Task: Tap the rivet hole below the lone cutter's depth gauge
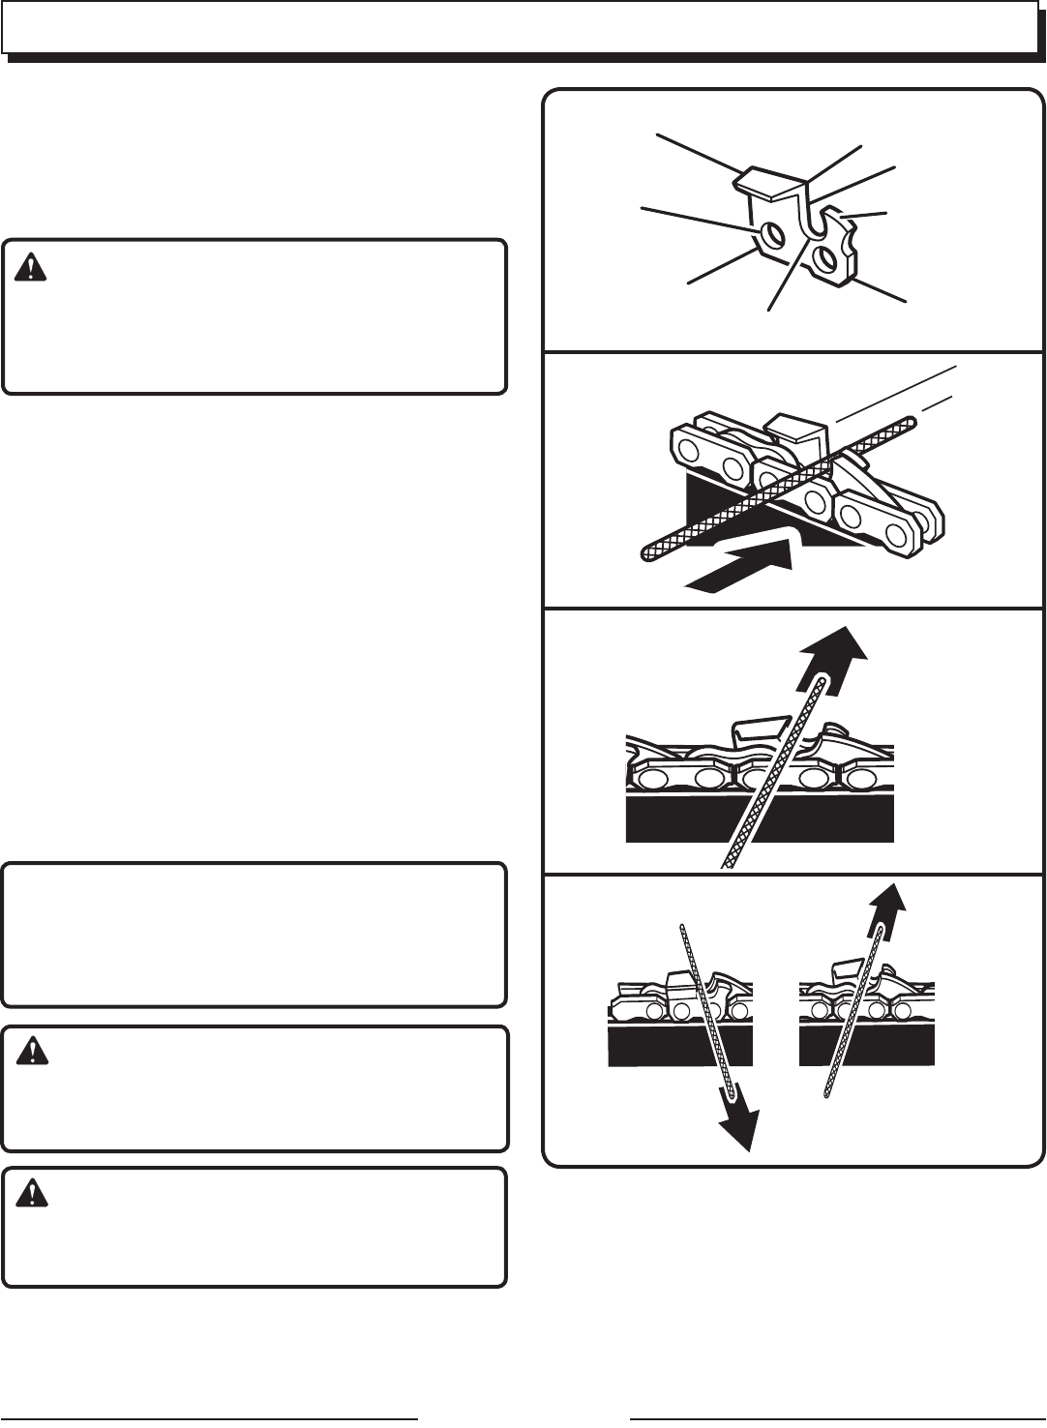click(x=825, y=258)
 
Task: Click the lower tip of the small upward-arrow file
click(x=825, y=1094)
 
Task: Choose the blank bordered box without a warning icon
click(x=254, y=935)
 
